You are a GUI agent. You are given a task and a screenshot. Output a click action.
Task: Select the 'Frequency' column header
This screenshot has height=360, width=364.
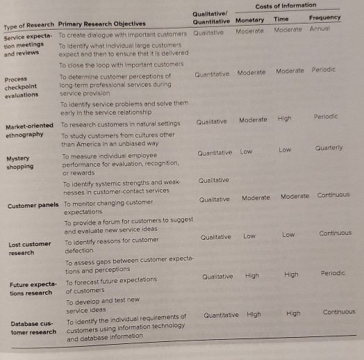324,18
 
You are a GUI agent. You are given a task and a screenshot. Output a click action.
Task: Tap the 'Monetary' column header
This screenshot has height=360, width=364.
249,20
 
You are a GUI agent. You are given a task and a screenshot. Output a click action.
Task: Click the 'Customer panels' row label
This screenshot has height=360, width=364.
32,206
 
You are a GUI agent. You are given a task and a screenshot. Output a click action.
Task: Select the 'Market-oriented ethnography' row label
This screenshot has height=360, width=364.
29,130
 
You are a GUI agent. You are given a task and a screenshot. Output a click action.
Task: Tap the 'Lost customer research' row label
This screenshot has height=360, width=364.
30,248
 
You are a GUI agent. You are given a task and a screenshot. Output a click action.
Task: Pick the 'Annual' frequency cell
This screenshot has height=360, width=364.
320,29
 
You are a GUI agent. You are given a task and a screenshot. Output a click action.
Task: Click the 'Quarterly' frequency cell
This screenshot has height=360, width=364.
329,147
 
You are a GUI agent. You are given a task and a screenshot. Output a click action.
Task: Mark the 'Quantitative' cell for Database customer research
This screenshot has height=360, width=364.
221,315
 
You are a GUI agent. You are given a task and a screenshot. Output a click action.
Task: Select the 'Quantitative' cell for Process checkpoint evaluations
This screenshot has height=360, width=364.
212,74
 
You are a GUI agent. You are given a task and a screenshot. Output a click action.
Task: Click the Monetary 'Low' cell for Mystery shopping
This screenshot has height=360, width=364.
246,151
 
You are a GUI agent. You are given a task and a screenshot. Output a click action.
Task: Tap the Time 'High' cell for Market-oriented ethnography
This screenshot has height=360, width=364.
284,118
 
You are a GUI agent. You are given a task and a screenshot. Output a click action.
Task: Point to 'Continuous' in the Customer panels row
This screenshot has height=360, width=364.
333,195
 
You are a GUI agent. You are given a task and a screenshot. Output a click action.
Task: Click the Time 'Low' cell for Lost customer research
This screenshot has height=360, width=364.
288,235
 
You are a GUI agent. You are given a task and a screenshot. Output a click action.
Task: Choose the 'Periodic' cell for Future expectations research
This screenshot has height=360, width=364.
333,273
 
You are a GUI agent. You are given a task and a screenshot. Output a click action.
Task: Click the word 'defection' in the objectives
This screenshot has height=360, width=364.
78,250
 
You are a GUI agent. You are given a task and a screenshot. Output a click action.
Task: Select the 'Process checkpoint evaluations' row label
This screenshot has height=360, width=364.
22,88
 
